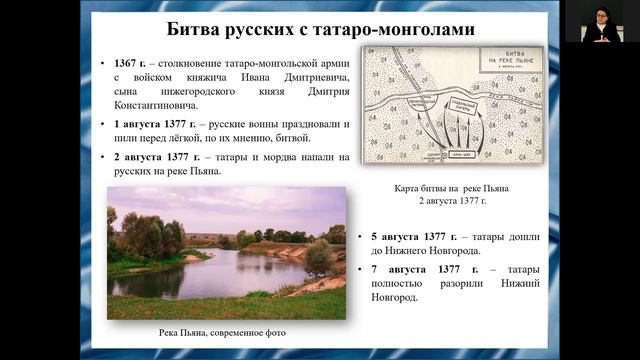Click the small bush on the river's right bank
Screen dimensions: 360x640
pos(319,258)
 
